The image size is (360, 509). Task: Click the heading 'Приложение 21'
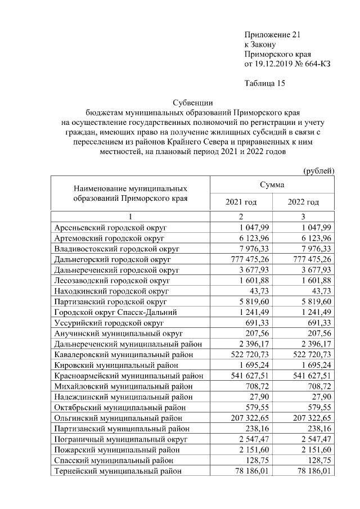[273, 34]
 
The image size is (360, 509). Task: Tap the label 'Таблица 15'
[265, 84]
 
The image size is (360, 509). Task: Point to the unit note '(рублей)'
[319, 170]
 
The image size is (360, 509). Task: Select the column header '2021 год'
[241, 202]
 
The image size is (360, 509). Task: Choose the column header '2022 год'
[303, 202]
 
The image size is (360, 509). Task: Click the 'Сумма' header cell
[272, 184]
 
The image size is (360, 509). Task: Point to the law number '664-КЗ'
[316, 64]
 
